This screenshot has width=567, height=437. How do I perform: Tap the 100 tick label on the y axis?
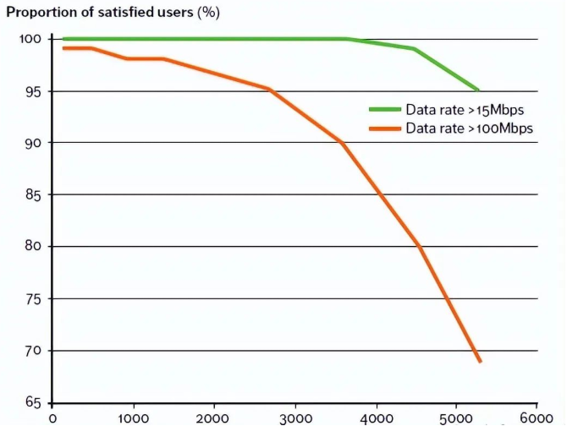[x=30, y=39]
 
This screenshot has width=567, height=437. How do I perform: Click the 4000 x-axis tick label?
[x=375, y=418]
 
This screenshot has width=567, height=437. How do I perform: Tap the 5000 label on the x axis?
[x=455, y=418]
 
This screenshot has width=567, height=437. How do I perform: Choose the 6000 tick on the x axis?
[x=535, y=418]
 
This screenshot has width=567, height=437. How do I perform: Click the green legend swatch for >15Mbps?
[x=384, y=110]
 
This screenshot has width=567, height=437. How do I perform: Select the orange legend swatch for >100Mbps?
[x=384, y=128]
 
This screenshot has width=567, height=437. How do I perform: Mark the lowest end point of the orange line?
[x=480, y=361]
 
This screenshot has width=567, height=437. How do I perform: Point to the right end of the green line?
[x=478, y=90]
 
